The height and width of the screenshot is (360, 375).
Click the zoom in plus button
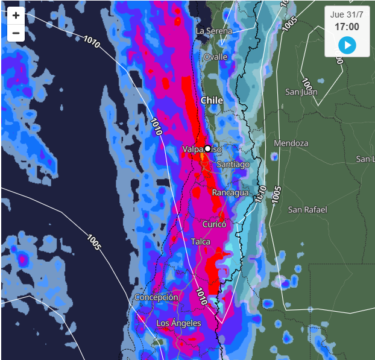point(16,16)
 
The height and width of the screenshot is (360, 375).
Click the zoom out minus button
point(16,33)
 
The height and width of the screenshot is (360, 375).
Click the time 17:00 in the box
point(347,27)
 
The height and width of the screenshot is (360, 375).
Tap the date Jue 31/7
point(347,14)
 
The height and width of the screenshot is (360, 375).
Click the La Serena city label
point(213,30)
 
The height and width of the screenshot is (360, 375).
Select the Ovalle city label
point(215,57)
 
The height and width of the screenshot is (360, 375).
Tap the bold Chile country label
point(212,100)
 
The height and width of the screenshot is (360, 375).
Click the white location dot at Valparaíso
point(207,148)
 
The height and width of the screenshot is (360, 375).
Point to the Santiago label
point(232,164)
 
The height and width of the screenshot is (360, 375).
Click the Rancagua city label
point(230,192)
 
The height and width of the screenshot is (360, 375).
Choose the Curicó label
point(214,224)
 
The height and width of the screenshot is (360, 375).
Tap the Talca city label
point(201,241)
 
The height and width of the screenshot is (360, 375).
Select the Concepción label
point(156,297)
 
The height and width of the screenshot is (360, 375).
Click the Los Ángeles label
point(178,323)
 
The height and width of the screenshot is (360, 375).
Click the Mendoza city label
point(291,143)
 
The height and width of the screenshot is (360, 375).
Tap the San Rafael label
point(307,209)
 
